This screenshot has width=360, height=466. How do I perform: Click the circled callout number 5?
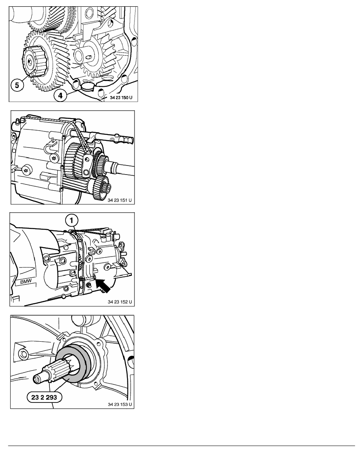(17, 85)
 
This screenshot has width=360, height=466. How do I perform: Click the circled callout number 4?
(60, 95)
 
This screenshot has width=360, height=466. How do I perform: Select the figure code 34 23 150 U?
(121, 98)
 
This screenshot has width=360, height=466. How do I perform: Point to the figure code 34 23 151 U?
(120, 200)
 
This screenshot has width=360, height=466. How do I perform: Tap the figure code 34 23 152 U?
(120, 302)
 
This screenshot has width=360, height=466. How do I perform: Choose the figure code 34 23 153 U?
(120, 404)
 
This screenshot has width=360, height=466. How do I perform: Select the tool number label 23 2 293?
(44, 397)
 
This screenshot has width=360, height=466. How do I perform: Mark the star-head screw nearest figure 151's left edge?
(27, 170)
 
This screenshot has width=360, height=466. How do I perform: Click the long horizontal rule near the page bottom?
(182, 446)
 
